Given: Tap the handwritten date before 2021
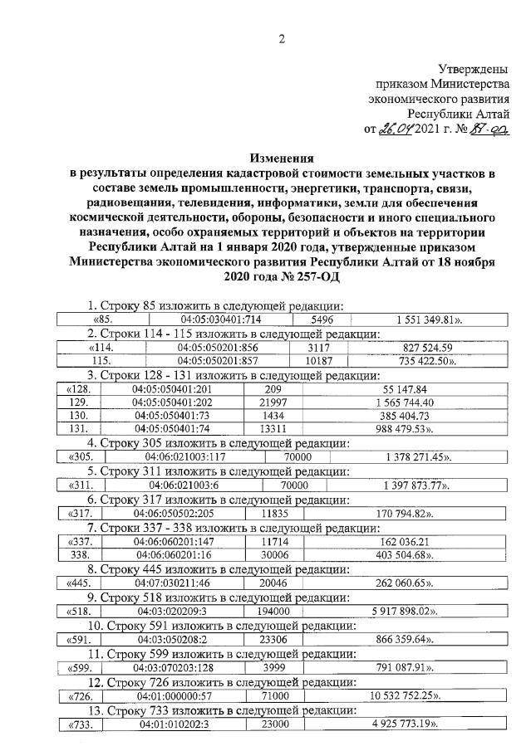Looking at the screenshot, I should [396, 129].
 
